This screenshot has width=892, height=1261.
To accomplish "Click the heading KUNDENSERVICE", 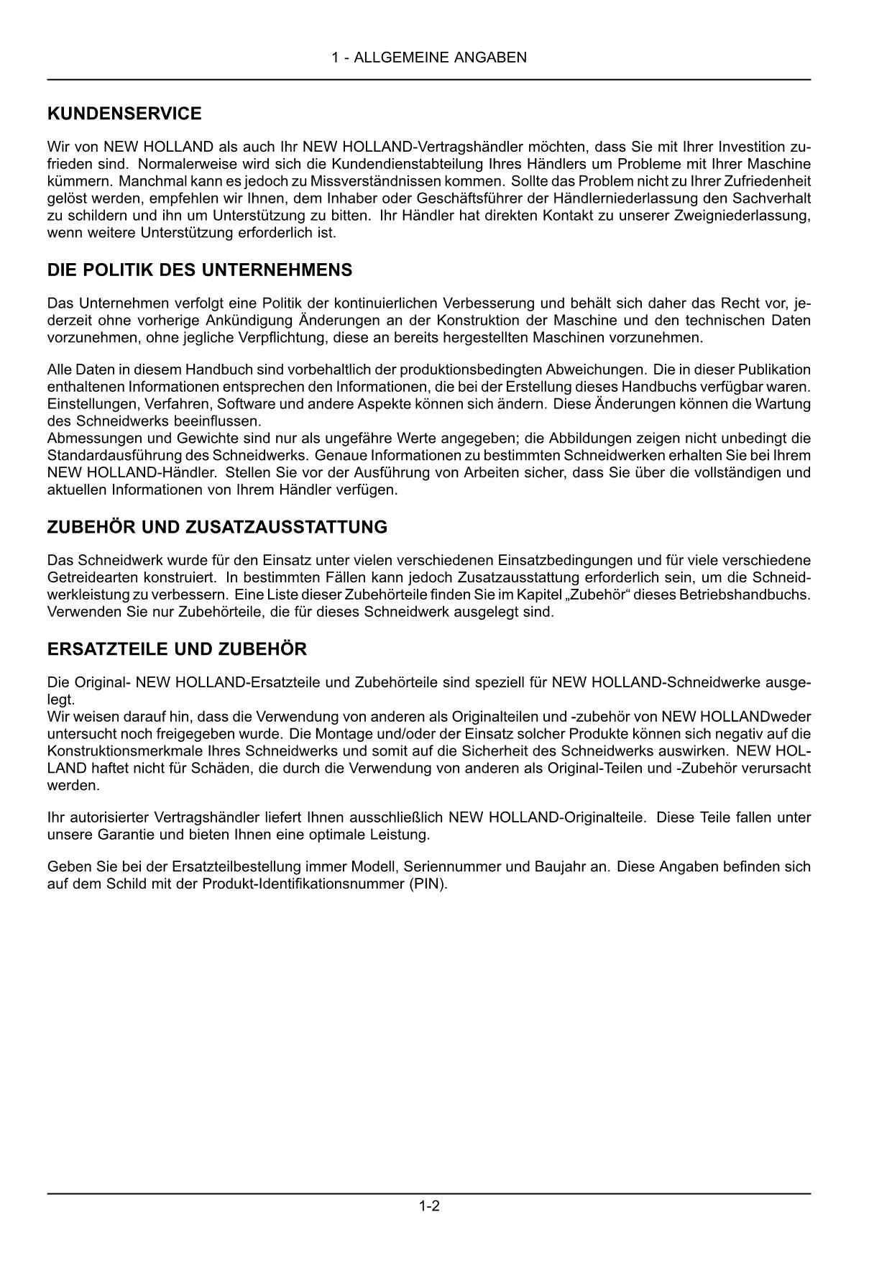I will pyautogui.click(x=124, y=114).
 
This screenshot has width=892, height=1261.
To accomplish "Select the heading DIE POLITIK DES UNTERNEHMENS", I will pyautogui.click(x=200, y=270).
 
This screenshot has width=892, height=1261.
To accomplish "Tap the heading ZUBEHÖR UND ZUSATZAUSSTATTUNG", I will pyautogui.click(x=217, y=527).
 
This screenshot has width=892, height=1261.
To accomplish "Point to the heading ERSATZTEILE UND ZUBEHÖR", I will pyautogui.click(x=177, y=649).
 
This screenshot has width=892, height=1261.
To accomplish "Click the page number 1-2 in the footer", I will pyautogui.click(x=429, y=1206).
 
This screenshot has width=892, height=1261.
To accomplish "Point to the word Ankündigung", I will pyautogui.click(x=242, y=321).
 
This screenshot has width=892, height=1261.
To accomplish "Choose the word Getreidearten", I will pyautogui.click(x=86, y=578).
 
